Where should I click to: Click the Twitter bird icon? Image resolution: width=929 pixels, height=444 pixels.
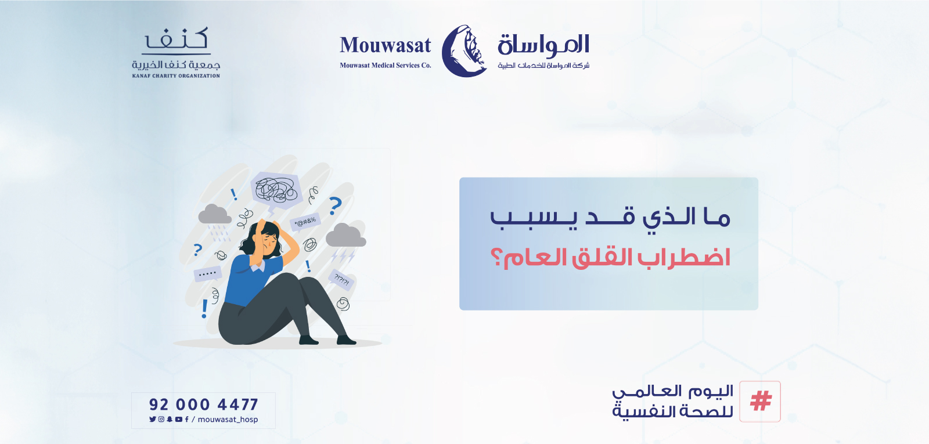pos(153,419)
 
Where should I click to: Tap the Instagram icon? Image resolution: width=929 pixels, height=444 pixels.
pos(161,419)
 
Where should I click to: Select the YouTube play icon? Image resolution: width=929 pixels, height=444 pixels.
pos(178,419)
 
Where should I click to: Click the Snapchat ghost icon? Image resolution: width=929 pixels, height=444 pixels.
pos(170,419)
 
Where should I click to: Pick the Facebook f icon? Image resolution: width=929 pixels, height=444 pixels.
pos(186,419)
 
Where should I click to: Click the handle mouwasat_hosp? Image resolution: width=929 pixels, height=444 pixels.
pos(228,420)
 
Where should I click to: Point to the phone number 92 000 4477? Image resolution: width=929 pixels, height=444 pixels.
pos(203,405)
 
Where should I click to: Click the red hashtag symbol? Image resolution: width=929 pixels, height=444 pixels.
pos(761,401)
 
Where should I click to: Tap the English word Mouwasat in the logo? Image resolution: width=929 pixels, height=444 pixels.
pos(386,46)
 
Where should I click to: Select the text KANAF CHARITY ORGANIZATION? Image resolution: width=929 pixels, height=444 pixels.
pos(176,76)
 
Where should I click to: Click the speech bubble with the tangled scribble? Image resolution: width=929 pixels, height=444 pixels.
pos(276,190)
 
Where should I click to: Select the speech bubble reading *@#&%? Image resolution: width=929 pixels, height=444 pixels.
pos(305,221)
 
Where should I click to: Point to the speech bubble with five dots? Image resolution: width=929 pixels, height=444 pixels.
pos(207,273)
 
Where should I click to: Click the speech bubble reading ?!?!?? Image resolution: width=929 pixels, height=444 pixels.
pos(342,280)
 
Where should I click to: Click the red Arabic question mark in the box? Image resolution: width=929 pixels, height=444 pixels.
pos(496,257)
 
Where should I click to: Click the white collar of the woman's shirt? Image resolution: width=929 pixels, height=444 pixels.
pos(257,266)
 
